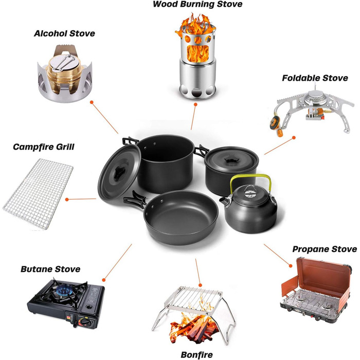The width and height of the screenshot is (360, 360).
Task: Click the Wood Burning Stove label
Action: point(197,4)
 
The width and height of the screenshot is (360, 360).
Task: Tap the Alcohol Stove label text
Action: point(64,33)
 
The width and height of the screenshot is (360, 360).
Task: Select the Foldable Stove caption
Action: point(315,78)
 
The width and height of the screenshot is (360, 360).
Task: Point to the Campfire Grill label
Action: point(44,147)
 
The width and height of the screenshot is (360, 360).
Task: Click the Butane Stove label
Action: point(50,269)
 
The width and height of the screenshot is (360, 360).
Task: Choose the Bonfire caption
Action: point(197,355)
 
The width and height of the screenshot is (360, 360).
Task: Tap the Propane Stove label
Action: point(325,249)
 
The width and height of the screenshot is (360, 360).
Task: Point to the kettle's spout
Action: point(224,202)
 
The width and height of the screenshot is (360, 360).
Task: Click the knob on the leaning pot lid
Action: point(120,172)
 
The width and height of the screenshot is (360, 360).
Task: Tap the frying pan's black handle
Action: point(135,200)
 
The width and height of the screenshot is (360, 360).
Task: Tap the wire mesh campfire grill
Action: point(38,194)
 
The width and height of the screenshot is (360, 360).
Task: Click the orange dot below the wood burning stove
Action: point(195,104)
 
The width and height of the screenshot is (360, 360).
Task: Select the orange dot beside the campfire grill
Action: point(67,200)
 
